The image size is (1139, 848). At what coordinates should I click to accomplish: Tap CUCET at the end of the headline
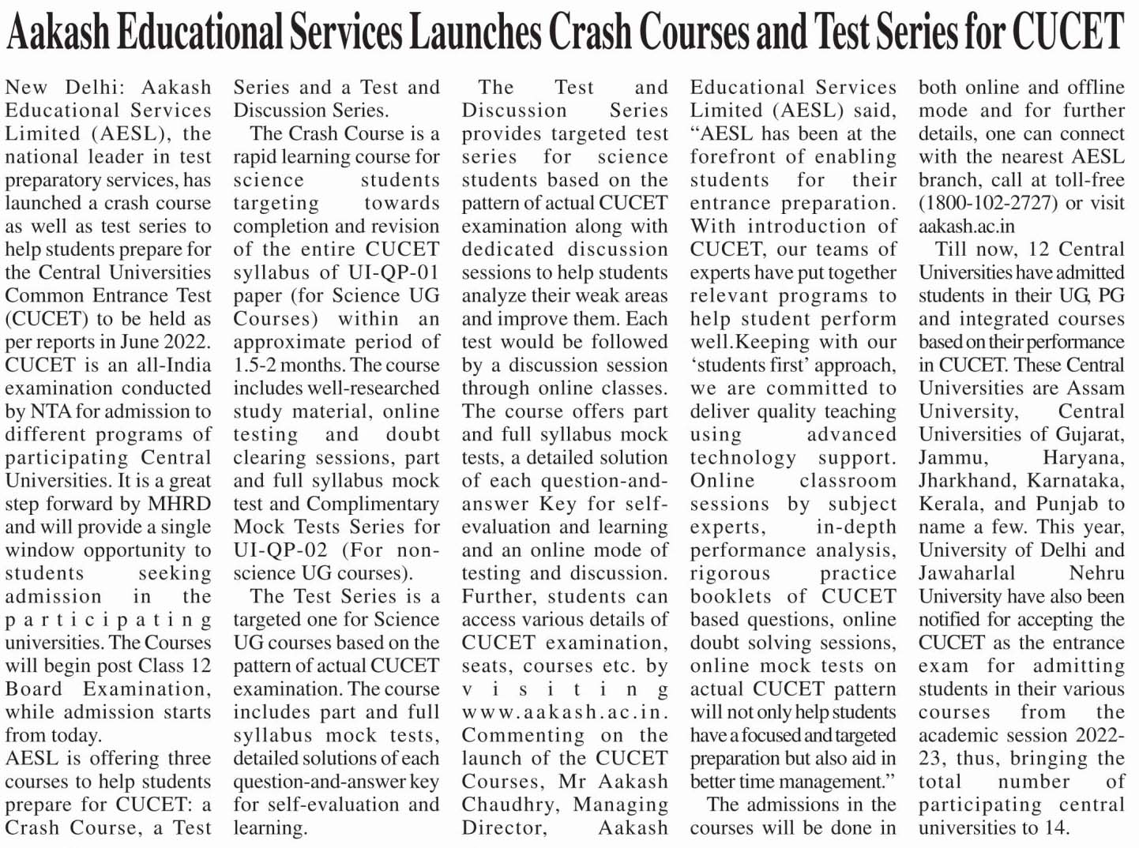(1068, 33)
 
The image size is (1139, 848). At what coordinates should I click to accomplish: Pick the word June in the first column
(140, 342)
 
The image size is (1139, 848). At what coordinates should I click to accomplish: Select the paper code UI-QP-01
(390, 272)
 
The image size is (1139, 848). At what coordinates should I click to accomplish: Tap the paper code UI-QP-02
(280, 550)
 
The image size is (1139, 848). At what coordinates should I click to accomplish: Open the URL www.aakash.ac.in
(565, 712)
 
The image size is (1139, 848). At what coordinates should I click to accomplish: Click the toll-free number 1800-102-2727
(988, 203)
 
